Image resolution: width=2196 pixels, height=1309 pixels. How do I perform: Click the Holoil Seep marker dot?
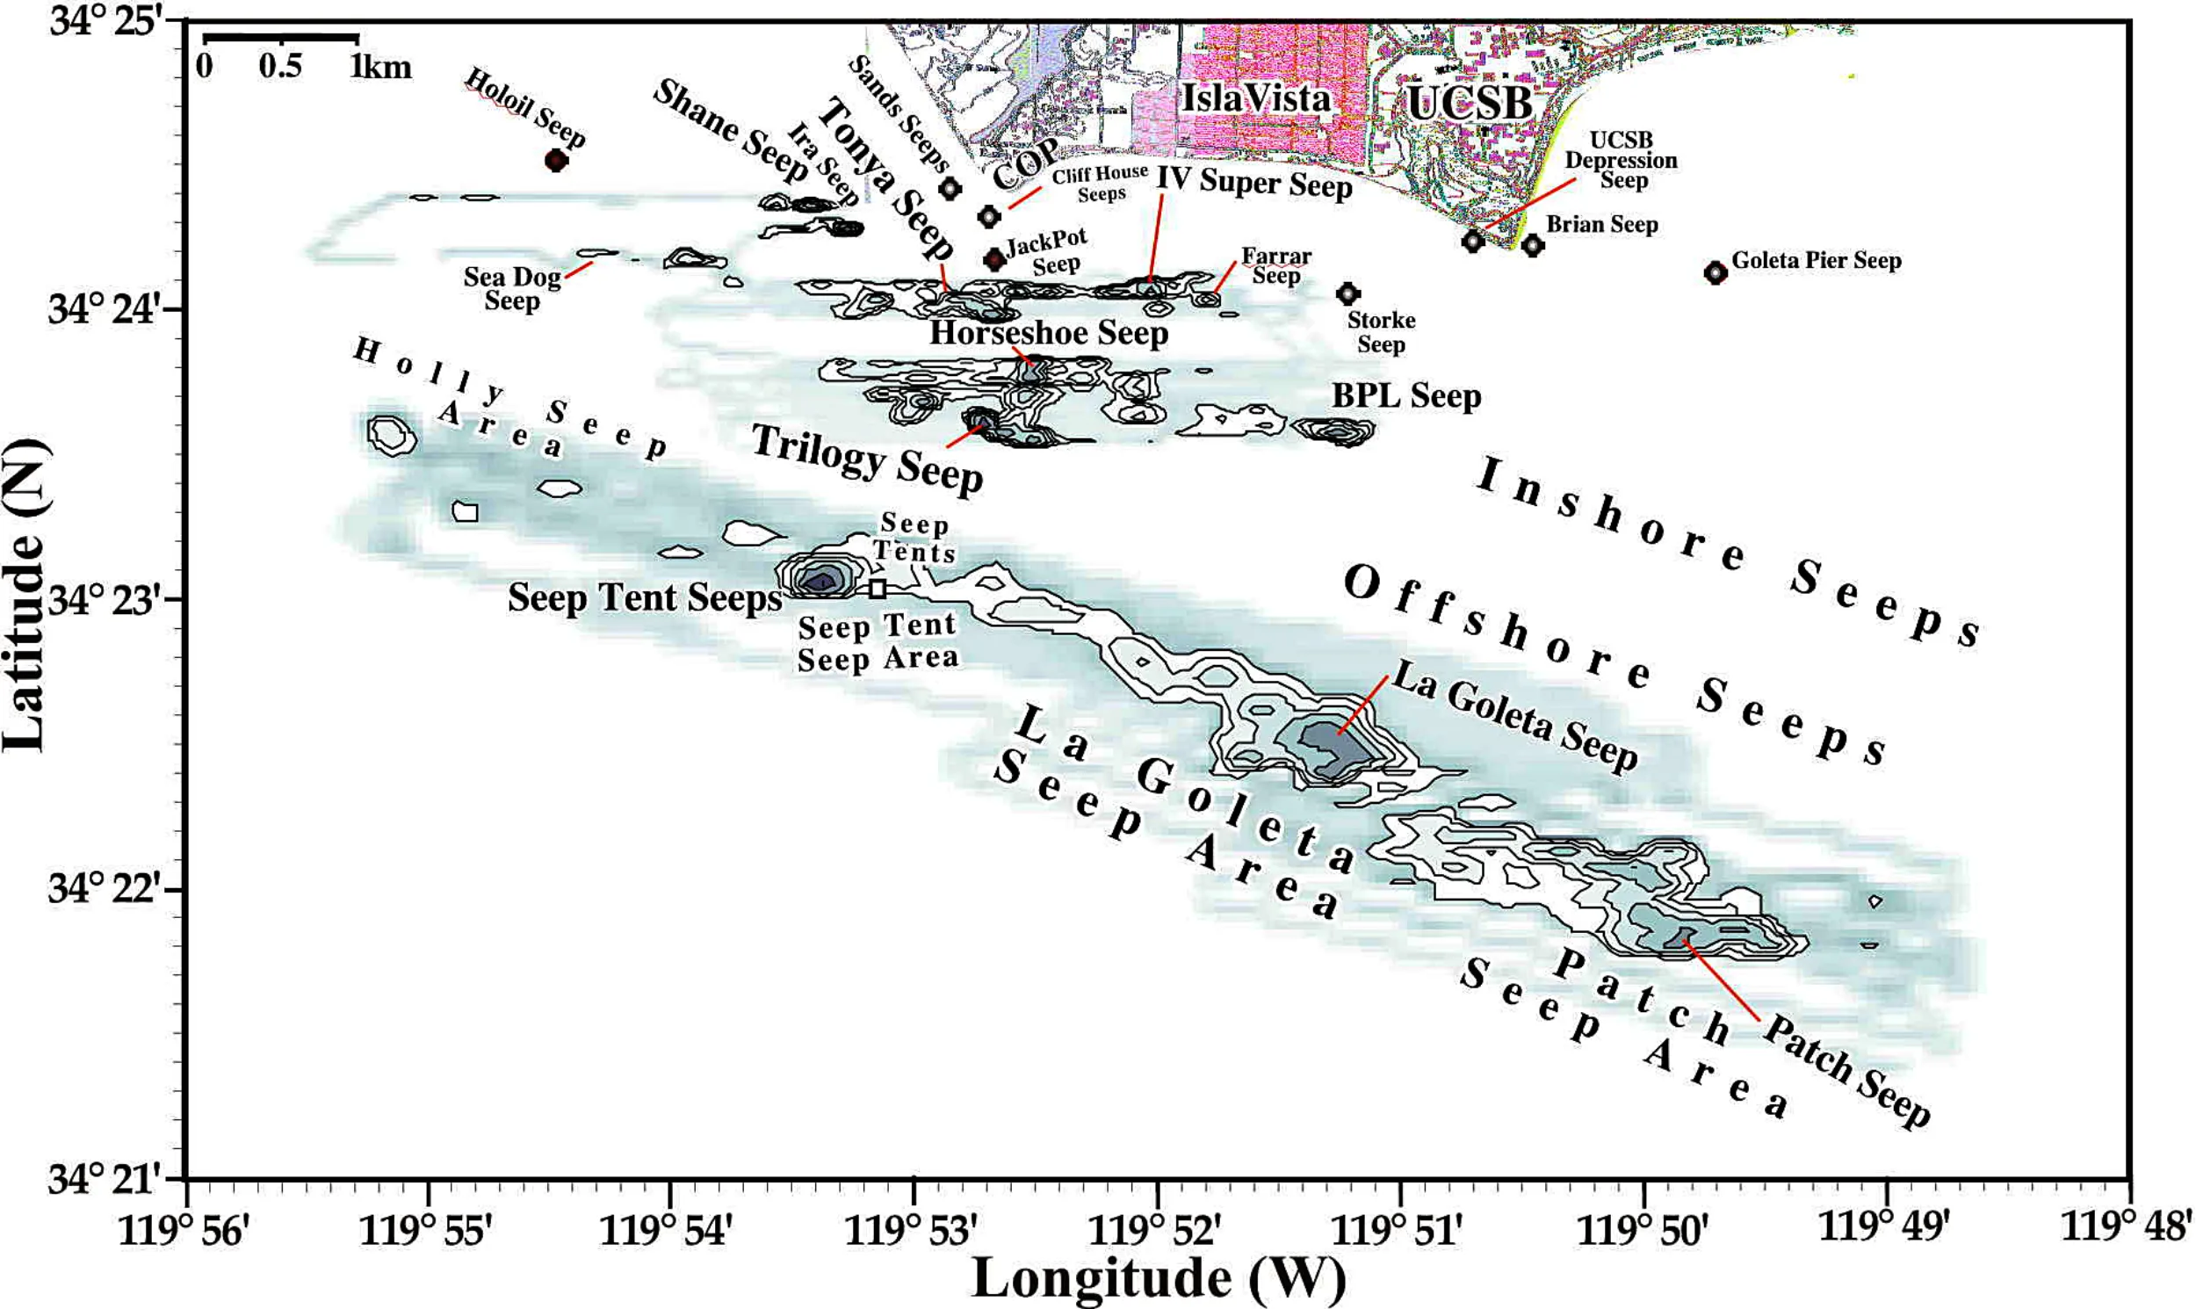[x=556, y=161]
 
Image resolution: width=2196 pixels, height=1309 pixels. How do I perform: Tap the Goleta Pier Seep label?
[x=1816, y=260]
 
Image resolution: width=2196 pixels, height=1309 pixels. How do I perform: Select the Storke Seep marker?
[x=1347, y=293]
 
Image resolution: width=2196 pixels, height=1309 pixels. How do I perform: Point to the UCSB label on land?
[x=1470, y=103]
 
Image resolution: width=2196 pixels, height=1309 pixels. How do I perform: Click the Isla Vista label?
[x=1255, y=98]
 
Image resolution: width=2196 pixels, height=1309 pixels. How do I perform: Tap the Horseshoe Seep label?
[x=1049, y=334]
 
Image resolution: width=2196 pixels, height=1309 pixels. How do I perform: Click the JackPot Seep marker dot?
[x=995, y=258]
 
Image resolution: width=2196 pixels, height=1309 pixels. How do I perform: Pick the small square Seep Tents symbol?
[x=877, y=589]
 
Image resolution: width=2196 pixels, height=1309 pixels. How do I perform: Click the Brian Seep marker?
[x=1533, y=244]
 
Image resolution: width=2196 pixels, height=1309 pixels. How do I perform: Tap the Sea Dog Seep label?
[x=512, y=288]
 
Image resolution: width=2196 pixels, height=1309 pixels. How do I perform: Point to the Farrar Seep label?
[x=1276, y=265]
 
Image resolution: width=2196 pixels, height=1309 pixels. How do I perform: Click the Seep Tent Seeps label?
[x=644, y=598]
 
